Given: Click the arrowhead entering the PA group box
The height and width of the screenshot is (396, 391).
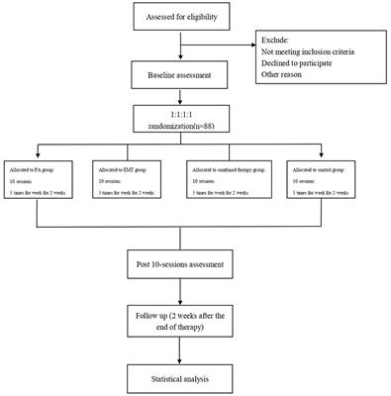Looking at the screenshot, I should coord(38,153).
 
